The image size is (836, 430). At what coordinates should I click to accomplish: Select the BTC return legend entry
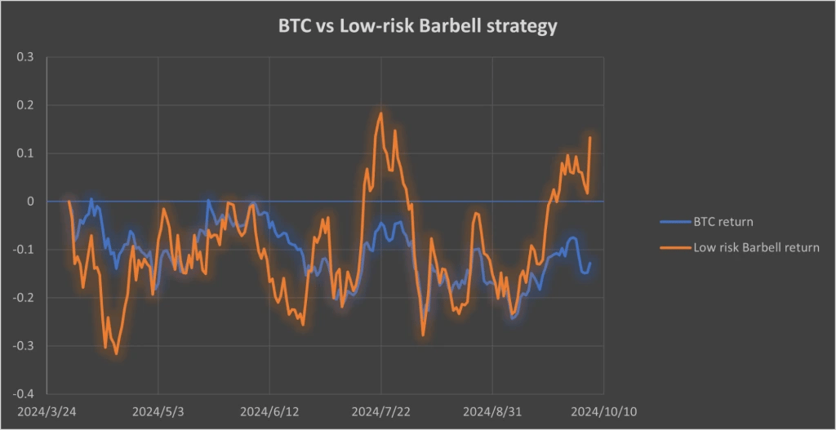(x=723, y=220)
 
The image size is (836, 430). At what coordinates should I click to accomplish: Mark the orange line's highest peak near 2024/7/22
(x=381, y=113)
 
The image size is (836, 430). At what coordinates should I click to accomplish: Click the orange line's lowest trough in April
(x=117, y=353)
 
